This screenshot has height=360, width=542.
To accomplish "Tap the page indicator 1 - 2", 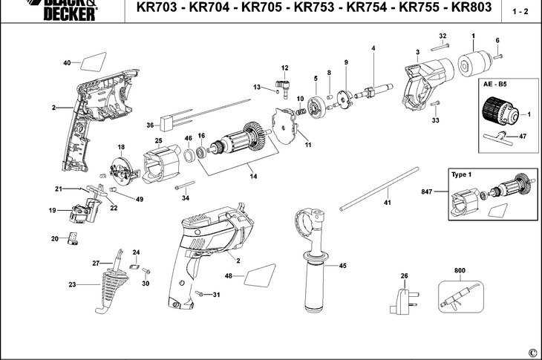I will [x=520, y=12].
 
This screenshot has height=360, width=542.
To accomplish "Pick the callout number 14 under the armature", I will [x=253, y=176].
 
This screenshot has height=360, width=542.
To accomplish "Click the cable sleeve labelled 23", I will [x=104, y=285].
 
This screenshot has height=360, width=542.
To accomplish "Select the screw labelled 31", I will [x=200, y=293].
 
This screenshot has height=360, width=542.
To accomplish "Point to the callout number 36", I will [x=149, y=125].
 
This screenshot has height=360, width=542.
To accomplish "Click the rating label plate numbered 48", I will [x=253, y=278].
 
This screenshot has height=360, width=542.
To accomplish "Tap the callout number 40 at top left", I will [x=66, y=63].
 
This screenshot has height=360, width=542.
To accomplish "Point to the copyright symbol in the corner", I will [x=532, y=352].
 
